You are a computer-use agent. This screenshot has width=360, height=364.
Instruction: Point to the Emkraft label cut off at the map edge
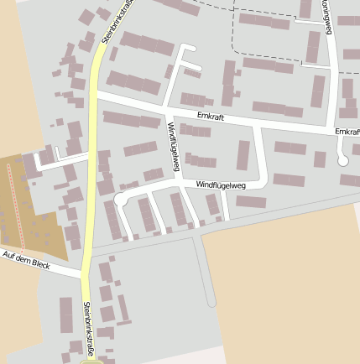tap(347, 133)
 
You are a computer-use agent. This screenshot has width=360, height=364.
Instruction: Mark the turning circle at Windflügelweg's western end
tap(119, 200)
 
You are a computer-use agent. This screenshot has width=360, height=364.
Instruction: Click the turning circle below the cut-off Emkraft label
tap(342, 159)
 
